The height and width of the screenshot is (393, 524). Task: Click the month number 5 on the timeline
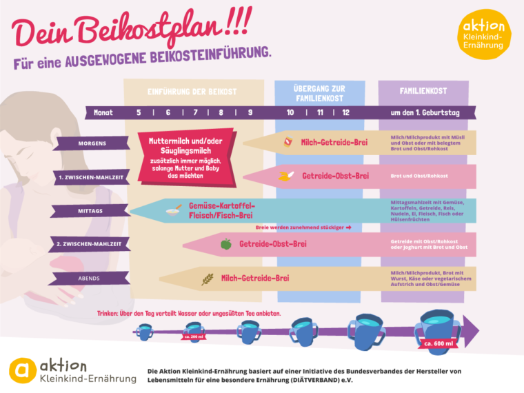[139, 112]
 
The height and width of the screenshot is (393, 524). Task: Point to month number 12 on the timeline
[345, 112]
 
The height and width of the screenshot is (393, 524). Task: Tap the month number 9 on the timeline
[249, 112]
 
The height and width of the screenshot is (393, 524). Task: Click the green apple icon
[225, 243]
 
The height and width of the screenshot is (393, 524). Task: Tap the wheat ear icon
[207, 279]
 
